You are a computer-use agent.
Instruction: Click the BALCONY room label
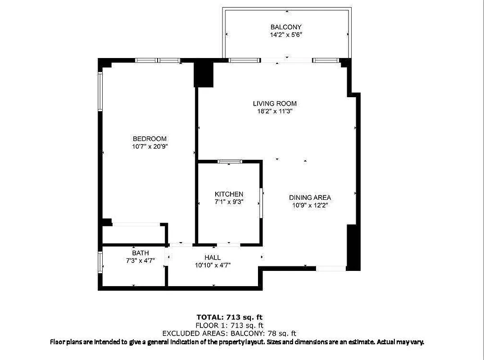[x=286, y=27]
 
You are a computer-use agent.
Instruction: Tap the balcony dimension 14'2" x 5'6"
[x=286, y=35]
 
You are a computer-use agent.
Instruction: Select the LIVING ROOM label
[x=275, y=103]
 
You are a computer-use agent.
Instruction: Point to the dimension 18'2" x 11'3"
[x=275, y=111]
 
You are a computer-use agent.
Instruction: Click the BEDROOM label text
[x=149, y=139]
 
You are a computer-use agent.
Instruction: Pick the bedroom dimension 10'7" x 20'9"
[x=149, y=146]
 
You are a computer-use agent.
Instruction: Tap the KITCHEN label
[x=229, y=194]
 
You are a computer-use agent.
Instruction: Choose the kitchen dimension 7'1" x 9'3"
[x=229, y=202]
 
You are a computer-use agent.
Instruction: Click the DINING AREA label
[x=310, y=198]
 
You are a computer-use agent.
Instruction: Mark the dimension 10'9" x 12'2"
[x=310, y=205]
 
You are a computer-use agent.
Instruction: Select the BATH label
[x=140, y=253]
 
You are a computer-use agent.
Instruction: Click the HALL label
[x=213, y=257]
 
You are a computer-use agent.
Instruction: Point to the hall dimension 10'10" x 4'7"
[x=213, y=265]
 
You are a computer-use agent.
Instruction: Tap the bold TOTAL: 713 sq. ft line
[x=229, y=317]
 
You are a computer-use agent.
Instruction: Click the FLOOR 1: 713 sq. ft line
[x=229, y=325]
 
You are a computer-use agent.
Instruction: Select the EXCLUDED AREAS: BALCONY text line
[x=229, y=333]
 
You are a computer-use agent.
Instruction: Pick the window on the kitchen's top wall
[x=230, y=161]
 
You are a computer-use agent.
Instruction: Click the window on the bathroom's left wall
[x=100, y=262]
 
